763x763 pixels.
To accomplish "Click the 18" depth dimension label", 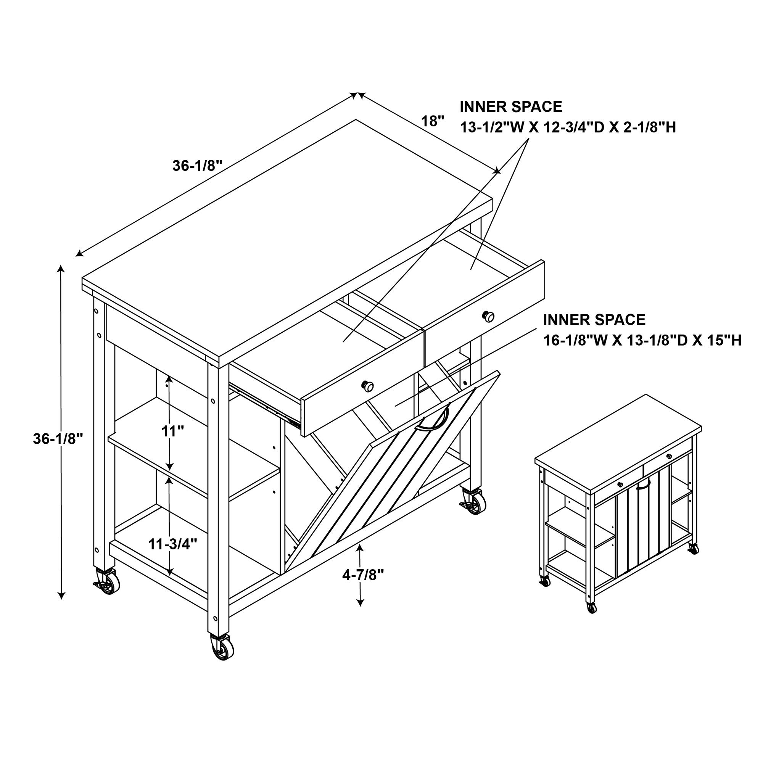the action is (x=433, y=121).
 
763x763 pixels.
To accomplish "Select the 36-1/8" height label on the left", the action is (x=58, y=439).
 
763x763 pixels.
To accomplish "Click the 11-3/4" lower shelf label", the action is (x=173, y=544).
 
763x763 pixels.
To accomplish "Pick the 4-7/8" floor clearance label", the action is (x=363, y=576).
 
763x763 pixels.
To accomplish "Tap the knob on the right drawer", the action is (x=489, y=316).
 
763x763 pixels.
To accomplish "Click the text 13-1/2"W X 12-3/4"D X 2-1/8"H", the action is (x=568, y=127).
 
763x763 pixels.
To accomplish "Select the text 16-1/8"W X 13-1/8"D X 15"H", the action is (x=642, y=340).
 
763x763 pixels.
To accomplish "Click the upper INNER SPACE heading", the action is (x=511, y=107).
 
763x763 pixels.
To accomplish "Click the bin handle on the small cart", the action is (x=643, y=484).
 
